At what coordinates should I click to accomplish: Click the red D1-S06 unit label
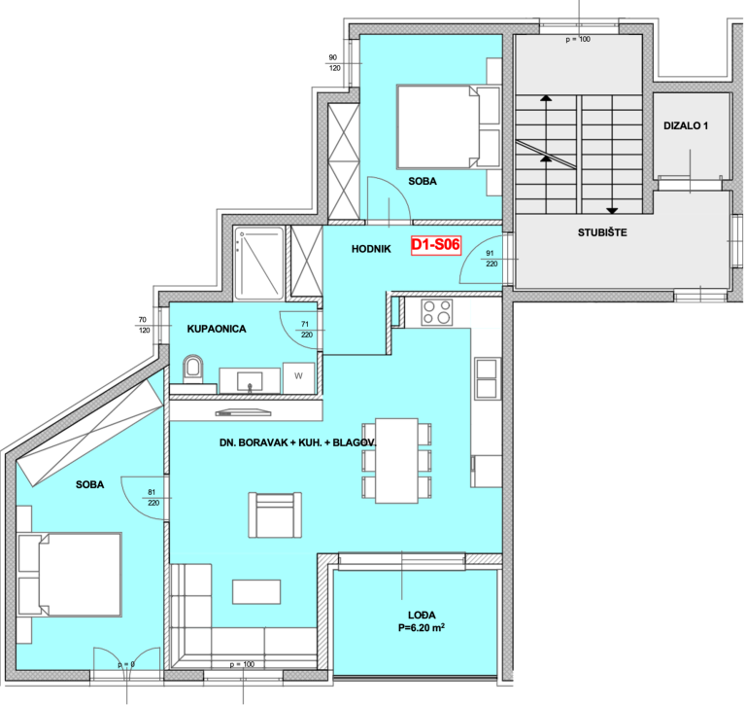pos(436,245)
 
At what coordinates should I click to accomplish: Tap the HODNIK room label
pos(371,249)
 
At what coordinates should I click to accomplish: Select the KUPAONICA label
pos(217,329)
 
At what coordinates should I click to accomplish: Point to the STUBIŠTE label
pos(602,232)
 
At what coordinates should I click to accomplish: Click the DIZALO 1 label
pos(686,125)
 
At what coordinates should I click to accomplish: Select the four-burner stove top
pos(437,312)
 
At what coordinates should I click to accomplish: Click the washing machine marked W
pos(298,377)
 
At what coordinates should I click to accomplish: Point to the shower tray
pos(258,264)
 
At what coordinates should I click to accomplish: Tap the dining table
pos(396,461)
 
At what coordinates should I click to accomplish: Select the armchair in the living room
pos(275,515)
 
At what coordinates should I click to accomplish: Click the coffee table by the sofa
pos(256,591)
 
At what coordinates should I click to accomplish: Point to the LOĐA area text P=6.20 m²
pos(422,627)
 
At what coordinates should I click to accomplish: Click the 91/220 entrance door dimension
pos(491,259)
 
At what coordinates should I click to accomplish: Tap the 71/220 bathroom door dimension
pos(306,330)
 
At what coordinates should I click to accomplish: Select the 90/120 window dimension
pos(334,63)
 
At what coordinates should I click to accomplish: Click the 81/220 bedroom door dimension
pos(153,497)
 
